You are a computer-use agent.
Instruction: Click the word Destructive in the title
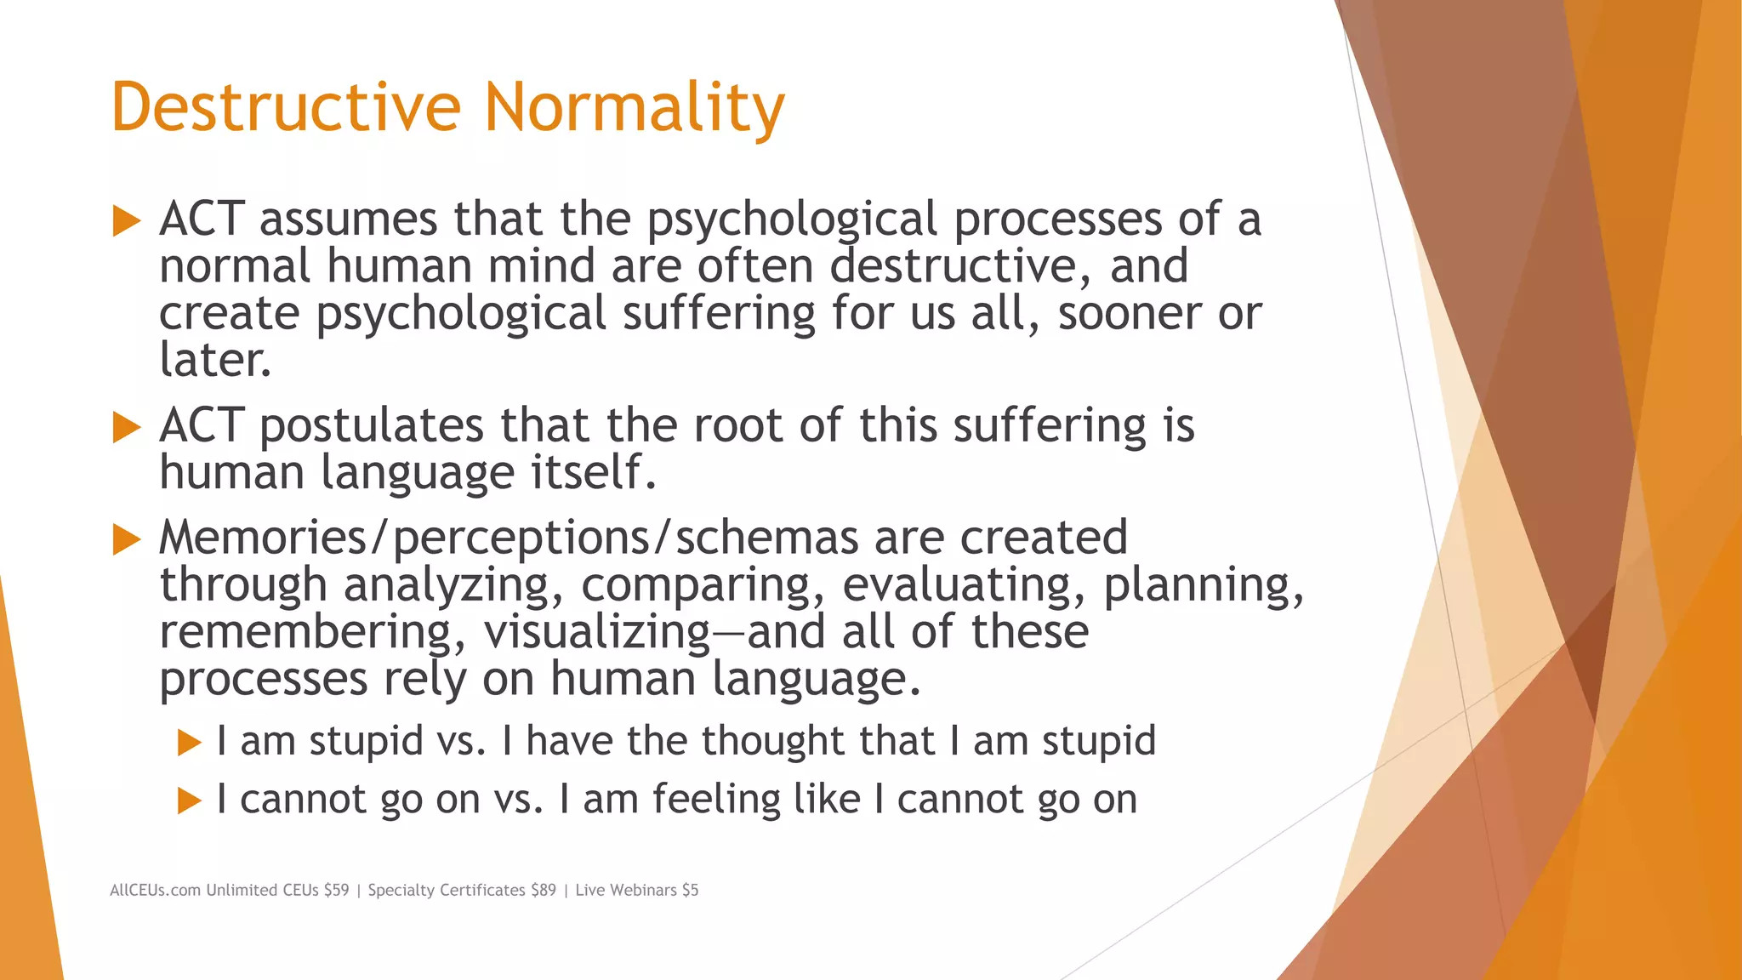286,107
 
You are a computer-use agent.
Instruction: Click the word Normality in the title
634,107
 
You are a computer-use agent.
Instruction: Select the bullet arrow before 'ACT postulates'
126,427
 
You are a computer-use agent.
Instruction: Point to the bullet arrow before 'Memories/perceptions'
126,539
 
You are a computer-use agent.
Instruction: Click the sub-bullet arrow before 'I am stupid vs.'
189,743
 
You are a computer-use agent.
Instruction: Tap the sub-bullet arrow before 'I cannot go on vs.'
189,801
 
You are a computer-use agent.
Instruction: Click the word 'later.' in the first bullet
215,360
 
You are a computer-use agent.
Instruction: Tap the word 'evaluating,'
964,586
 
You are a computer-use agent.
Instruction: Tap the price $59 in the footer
336,890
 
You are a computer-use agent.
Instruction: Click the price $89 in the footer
543,890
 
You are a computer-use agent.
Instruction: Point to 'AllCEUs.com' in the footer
155,890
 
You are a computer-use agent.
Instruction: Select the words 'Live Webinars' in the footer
626,890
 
